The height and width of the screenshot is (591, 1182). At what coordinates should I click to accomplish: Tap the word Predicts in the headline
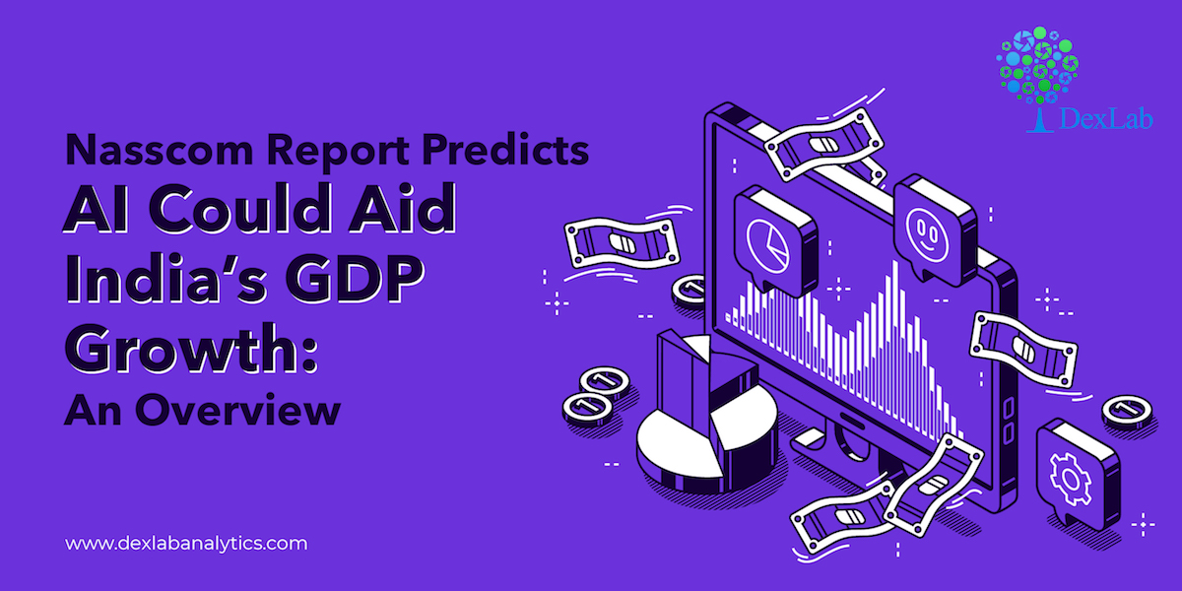click(x=505, y=150)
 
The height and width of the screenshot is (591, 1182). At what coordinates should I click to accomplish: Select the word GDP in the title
click(x=355, y=279)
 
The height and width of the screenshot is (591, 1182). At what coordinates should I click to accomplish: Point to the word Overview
click(x=238, y=410)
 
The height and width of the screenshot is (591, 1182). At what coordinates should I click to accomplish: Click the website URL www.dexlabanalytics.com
click(x=186, y=544)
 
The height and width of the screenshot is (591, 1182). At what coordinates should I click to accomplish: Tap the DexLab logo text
click(x=1105, y=118)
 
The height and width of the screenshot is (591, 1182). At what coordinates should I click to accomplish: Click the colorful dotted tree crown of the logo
click(x=1037, y=64)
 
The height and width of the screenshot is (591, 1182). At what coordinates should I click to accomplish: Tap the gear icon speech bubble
click(x=1078, y=475)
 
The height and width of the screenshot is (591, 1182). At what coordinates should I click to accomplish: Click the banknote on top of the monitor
click(x=823, y=145)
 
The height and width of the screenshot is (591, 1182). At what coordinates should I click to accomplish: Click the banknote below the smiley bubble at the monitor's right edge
click(x=1023, y=349)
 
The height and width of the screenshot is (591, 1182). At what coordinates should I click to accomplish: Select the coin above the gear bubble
click(x=1128, y=412)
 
